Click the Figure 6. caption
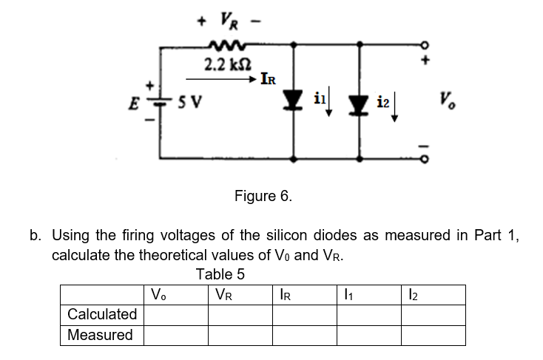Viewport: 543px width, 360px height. (x=263, y=197)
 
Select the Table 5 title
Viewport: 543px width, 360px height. (x=220, y=274)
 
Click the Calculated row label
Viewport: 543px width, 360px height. (x=102, y=315)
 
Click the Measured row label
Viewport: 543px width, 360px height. (x=101, y=335)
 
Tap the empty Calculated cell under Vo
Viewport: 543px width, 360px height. (x=175, y=315)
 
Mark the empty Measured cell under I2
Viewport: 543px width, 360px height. (x=433, y=335)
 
